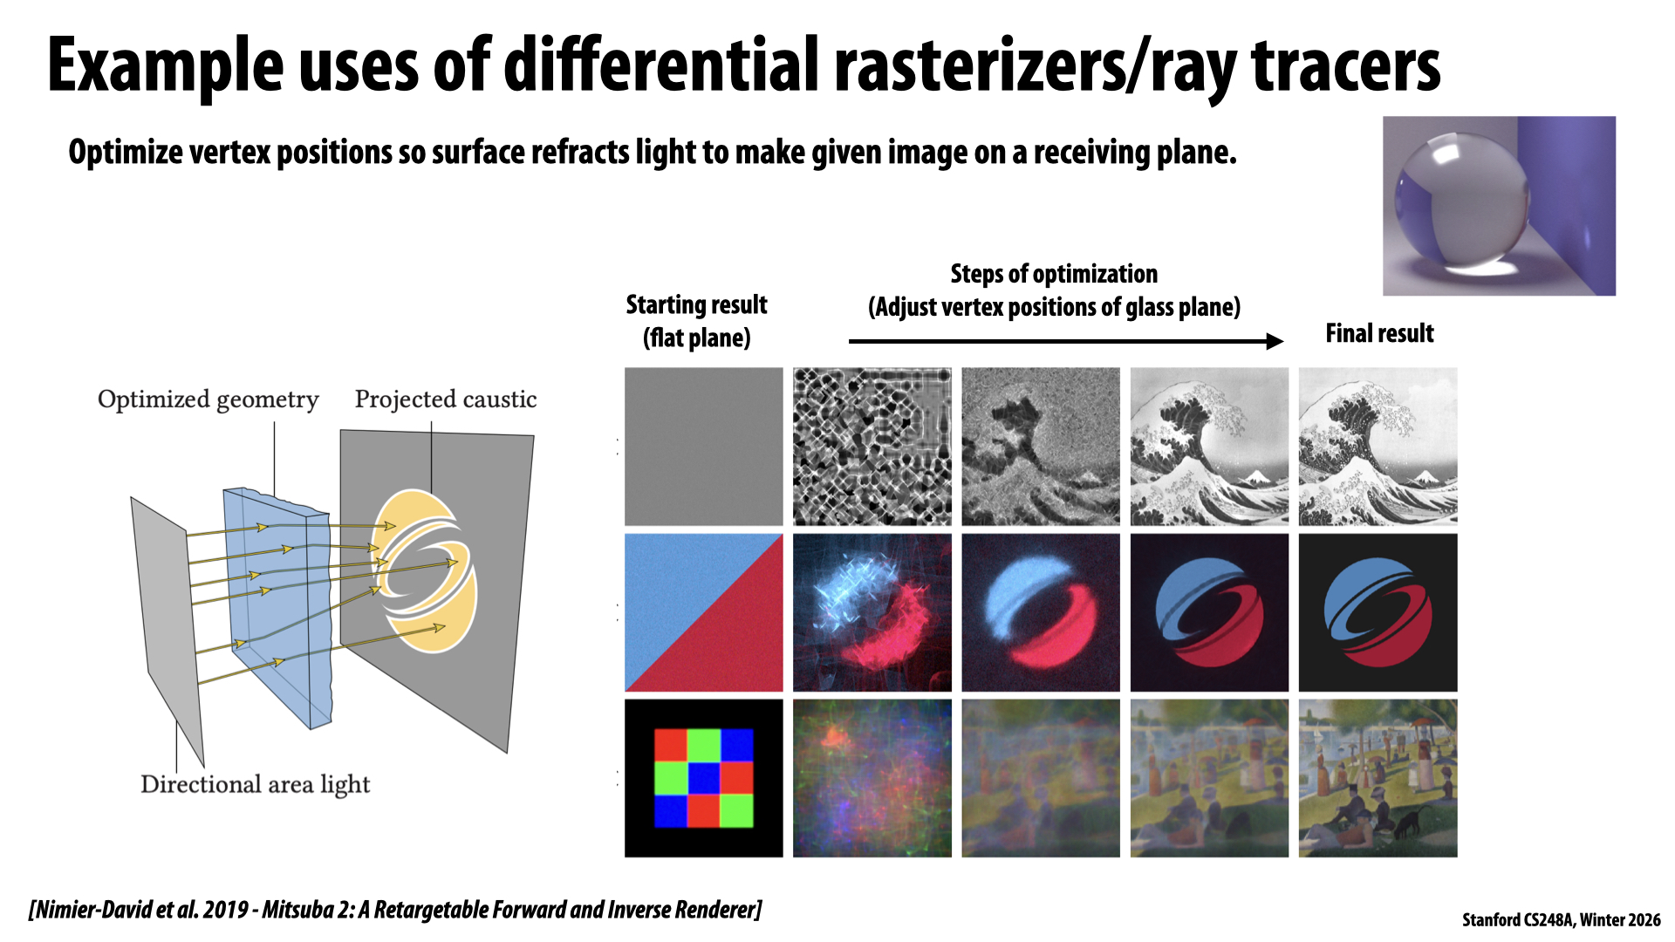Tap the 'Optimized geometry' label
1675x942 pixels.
coord(208,399)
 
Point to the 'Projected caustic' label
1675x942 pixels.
coord(445,399)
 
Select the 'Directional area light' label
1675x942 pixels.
coord(255,785)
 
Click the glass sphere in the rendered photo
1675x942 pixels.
coord(1461,202)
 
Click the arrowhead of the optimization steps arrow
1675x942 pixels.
coord(1275,341)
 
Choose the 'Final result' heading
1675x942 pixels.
coord(1379,333)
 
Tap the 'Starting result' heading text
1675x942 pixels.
coord(696,304)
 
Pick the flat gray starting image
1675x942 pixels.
coord(704,447)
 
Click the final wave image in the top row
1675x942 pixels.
coord(1378,447)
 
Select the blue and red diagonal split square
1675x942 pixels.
coord(704,612)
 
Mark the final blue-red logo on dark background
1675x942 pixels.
coord(1378,612)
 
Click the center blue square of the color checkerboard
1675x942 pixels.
coord(704,778)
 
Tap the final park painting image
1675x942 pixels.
coord(1378,778)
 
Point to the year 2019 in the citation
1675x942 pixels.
coord(225,910)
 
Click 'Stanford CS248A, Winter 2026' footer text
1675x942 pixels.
coord(1562,920)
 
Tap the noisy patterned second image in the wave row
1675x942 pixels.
coord(872,447)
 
